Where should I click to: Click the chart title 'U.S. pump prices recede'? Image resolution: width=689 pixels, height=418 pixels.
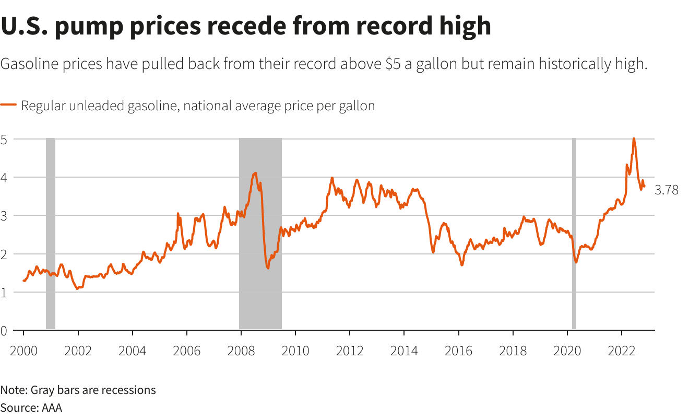(x=245, y=26)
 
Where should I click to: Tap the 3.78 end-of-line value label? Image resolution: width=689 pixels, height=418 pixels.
(x=667, y=190)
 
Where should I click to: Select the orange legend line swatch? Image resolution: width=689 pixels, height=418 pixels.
(x=9, y=106)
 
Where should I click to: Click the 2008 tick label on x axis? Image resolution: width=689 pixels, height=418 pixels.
(x=241, y=351)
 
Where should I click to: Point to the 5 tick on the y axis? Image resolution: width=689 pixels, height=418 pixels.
(x=4, y=139)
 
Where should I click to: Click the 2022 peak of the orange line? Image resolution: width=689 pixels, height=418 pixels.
(x=634, y=139)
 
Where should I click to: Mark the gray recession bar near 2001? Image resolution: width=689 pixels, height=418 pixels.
(x=51, y=233)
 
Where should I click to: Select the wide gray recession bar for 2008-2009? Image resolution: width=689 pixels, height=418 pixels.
(x=260, y=233)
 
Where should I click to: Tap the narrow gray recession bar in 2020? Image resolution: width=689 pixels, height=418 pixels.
(x=574, y=233)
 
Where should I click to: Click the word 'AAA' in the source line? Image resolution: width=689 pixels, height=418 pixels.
(x=51, y=408)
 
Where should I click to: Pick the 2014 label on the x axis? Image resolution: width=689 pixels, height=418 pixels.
(x=404, y=351)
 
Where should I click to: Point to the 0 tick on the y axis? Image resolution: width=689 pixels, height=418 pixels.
(x=4, y=330)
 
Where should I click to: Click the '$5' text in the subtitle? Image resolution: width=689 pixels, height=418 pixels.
(x=394, y=65)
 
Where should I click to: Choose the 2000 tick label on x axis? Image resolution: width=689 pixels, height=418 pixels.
(x=23, y=351)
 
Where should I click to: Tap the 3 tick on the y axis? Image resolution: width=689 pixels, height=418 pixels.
(x=4, y=215)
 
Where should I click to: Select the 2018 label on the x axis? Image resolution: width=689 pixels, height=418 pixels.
(x=513, y=351)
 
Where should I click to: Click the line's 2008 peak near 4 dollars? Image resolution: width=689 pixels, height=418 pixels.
(x=255, y=173)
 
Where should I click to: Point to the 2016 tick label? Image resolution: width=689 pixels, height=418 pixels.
(x=458, y=351)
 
